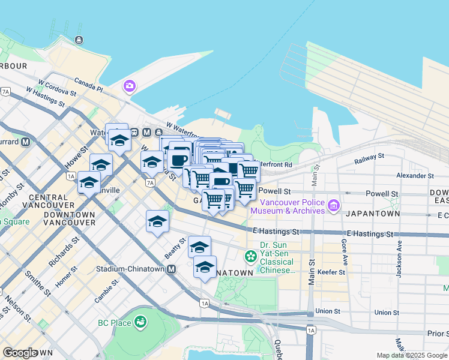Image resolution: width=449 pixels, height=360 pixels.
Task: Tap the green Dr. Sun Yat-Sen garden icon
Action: pos(250,257)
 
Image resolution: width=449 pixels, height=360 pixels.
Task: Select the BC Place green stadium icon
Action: pos(140,323)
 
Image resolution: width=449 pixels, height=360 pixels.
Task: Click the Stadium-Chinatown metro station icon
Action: pos(172,269)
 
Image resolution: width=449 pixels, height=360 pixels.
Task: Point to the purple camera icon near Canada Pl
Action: pos(129,87)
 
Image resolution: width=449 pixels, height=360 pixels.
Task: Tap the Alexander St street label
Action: pos(415,176)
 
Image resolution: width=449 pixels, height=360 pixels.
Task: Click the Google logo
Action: pos(19,353)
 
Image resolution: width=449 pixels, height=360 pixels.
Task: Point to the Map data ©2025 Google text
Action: pos(412,355)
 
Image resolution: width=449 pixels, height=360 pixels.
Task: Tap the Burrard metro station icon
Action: pos(25,143)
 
